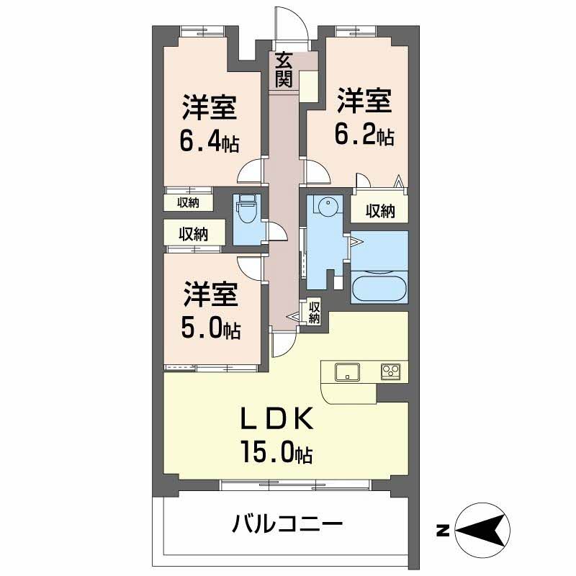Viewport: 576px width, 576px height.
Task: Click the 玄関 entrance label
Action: (283, 69)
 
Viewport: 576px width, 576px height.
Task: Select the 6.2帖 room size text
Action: (364, 135)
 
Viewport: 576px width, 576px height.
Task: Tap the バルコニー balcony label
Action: (287, 523)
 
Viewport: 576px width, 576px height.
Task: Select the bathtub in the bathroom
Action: (379, 286)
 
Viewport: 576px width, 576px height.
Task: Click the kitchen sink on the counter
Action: (348, 372)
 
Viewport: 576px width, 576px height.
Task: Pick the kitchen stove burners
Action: (390, 372)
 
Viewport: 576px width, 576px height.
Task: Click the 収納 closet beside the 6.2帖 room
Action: (379, 211)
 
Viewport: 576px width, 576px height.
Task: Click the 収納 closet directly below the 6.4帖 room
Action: (188, 203)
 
